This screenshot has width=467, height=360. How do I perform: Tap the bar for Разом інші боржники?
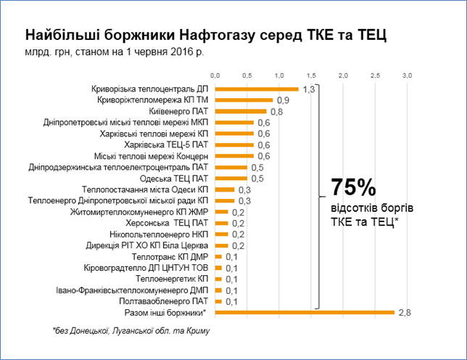click(305, 313)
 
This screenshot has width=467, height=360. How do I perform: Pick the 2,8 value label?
click(403, 313)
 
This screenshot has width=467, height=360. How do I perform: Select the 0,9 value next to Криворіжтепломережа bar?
click(282, 100)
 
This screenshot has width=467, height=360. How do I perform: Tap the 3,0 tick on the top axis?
click(407, 75)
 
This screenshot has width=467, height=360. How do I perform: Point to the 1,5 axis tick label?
click(311, 75)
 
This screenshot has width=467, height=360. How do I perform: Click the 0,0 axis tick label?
click(215, 75)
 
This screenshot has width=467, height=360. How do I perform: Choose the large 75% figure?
click(353, 188)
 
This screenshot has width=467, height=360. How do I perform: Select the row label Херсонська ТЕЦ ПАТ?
click(167, 223)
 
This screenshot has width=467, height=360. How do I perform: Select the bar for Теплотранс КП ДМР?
click(218, 257)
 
